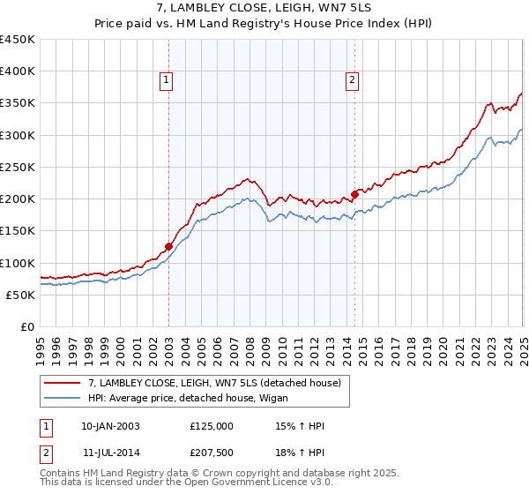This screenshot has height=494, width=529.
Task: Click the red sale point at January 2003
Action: [x=168, y=247]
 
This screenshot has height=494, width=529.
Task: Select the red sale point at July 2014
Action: [x=354, y=194]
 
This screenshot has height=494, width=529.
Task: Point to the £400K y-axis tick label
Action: [x=17, y=71]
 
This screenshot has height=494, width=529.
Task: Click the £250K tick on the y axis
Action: [x=17, y=167]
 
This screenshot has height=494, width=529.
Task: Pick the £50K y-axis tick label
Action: [x=20, y=295]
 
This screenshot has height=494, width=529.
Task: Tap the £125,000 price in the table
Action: [x=212, y=426]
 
